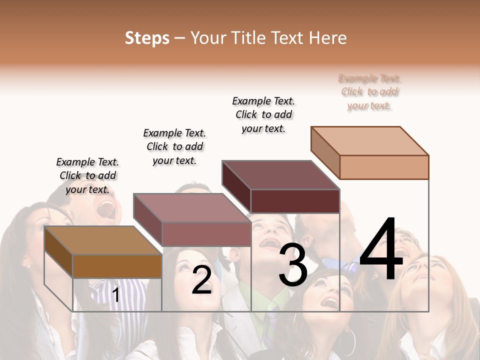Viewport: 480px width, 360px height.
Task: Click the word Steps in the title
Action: point(146,38)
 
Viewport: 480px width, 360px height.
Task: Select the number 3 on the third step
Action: point(293,265)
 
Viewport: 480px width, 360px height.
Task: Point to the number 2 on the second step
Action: point(201,280)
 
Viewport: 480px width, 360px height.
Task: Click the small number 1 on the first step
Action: point(115,295)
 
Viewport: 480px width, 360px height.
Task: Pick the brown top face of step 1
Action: point(102,240)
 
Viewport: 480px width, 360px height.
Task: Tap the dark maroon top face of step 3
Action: point(280,175)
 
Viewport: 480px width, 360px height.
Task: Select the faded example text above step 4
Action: point(369,92)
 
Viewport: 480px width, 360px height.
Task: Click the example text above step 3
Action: point(263,114)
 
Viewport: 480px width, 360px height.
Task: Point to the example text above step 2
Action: point(174,146)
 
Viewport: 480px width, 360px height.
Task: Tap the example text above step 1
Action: point(87,175)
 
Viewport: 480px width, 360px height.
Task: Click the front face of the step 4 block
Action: point(384,167)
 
